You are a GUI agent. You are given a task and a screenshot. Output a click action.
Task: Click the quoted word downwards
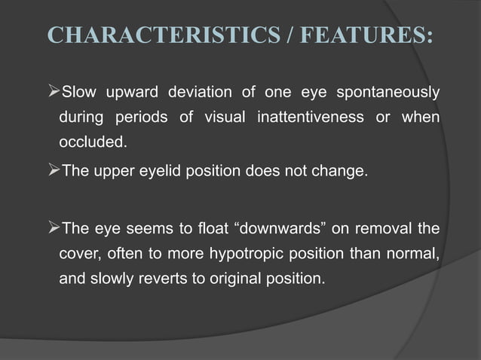pos(250,228)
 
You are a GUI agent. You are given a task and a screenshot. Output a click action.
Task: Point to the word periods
pos(139,117)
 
